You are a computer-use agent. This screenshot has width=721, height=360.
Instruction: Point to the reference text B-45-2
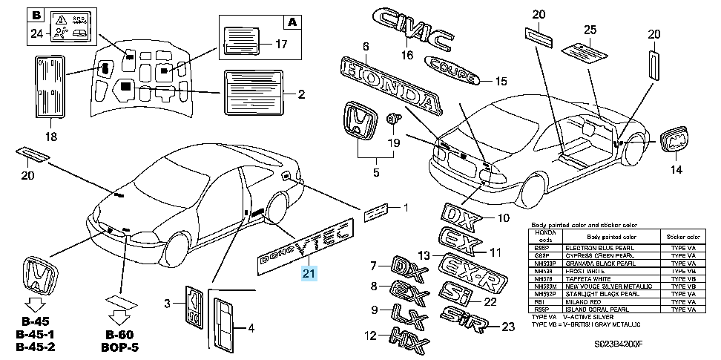(35, 347)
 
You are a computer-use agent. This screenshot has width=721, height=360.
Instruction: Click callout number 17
(280, 44)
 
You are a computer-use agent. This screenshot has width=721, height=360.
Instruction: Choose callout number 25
(590, 30)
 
